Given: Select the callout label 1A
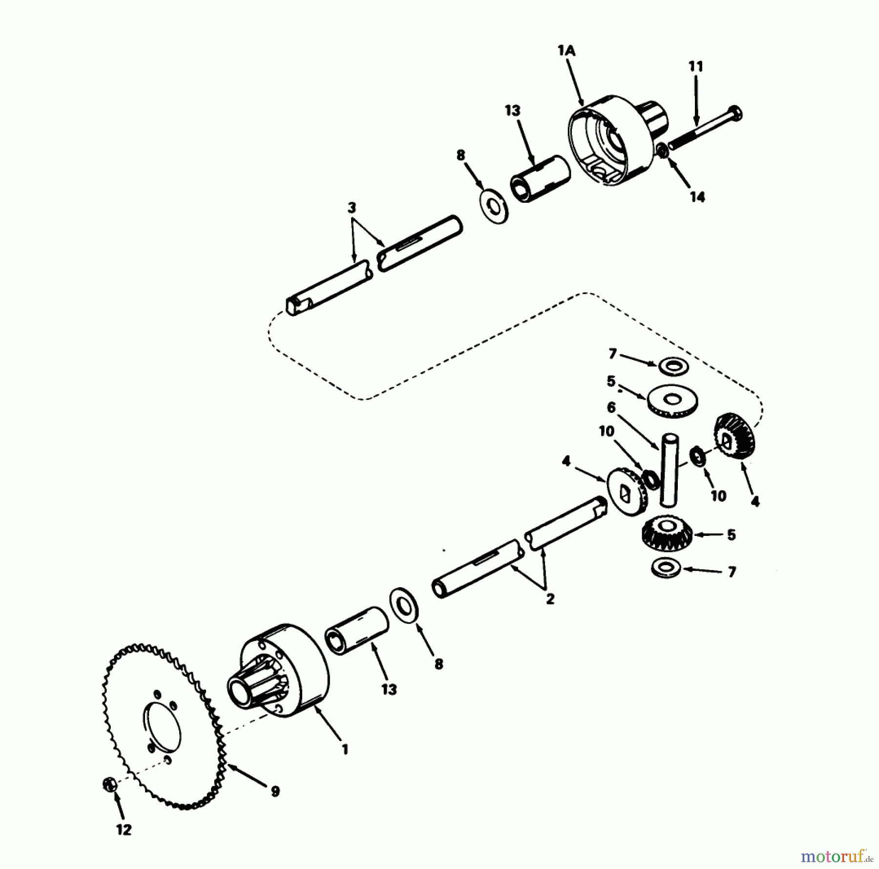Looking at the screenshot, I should [566, 51].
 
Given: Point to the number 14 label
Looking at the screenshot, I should [697, 197].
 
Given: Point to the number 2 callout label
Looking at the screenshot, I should [550, 599].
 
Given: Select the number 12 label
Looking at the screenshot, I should [124, 829].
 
